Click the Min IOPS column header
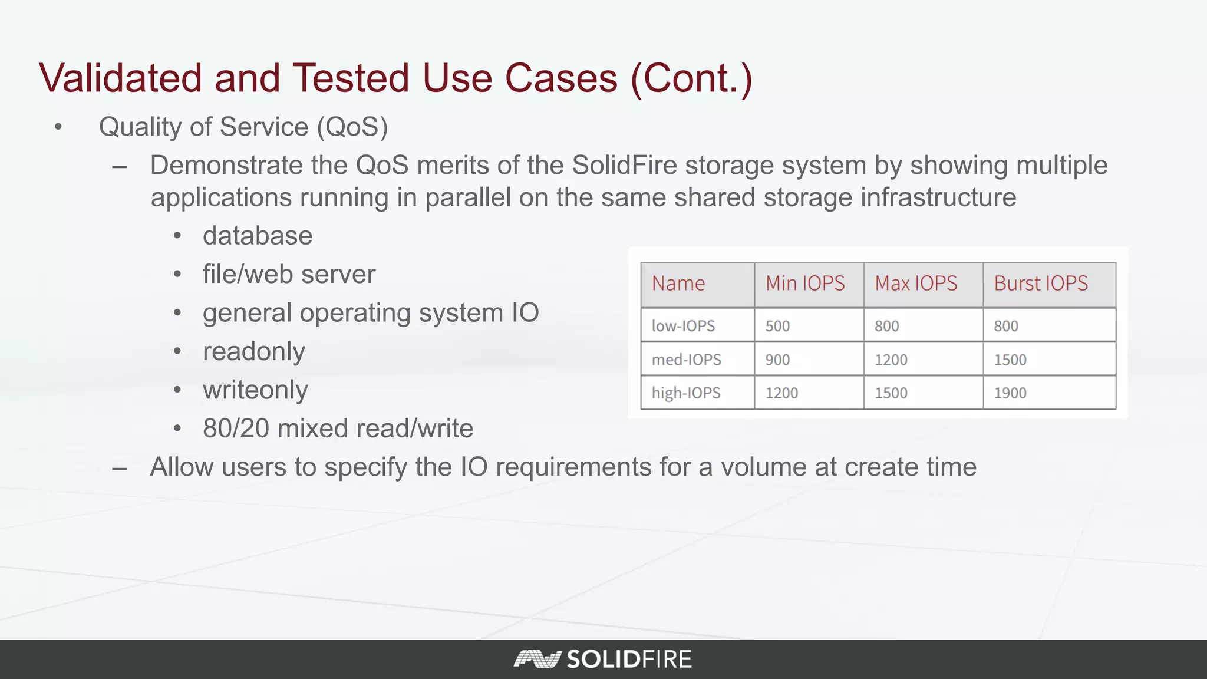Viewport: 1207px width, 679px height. click(x=804, y=284)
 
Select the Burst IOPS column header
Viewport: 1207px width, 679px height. click(x=1040, y=284)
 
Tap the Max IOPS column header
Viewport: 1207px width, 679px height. click(x=915, y=284)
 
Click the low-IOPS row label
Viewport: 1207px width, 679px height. click(x=683, y=326)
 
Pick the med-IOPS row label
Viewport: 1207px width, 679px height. click(x=686, y=360)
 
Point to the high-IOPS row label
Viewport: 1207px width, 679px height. click(x=686, y=393)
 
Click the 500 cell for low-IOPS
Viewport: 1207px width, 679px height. click(x=777, y=326)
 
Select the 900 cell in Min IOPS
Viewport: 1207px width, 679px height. click(x=777, y=360)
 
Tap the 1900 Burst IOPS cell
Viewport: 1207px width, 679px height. click(x=1010, y=393)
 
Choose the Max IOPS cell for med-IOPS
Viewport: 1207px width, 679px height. click(x=891, y=360)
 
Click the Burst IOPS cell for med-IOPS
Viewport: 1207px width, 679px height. click(x=1010, y=360)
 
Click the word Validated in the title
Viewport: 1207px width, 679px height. click(x=120, y=78)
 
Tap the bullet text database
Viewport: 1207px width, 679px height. click(x=258, y=236)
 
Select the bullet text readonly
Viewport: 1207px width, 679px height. click(x=253, y=352)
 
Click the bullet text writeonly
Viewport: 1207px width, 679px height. click(x=255, y=390)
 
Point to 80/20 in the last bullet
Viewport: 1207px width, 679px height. click(x=236, y=429)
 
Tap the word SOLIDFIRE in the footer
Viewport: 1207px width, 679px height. click(x=629, y=659)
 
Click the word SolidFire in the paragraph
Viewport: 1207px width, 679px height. click(x=624, y=166)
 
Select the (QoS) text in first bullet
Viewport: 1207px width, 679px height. click(x=352, y=127)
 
